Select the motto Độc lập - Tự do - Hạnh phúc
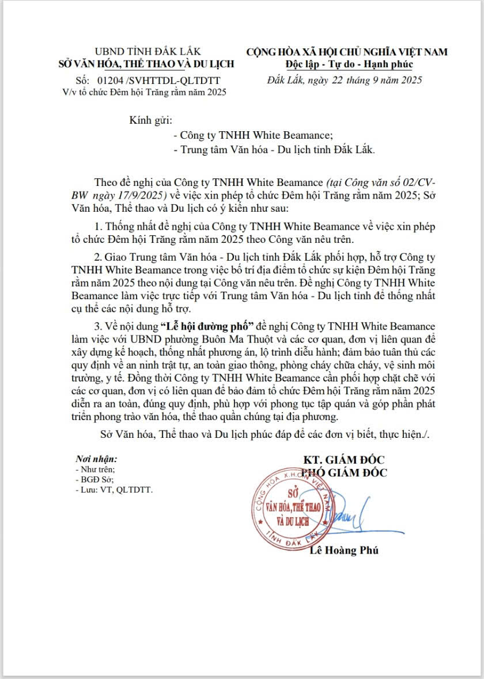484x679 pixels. pos(349,63)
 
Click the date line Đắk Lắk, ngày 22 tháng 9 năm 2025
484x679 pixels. pos(345,80)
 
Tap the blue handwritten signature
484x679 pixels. pos(357,512)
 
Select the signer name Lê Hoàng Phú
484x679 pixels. pos(345,551)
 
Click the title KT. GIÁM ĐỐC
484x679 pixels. pos(345,460)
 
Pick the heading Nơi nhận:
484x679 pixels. pos(96,460)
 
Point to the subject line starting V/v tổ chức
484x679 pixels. pos(145,92)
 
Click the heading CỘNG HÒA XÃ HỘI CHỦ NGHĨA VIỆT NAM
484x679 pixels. pos(347,52)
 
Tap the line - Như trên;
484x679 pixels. pos(95,470)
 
